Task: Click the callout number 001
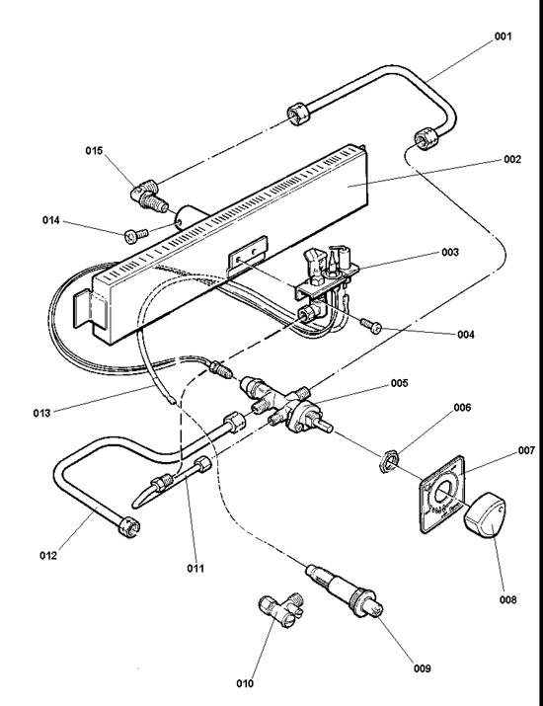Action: tap(504, 37)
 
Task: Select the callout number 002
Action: tap(511, 159)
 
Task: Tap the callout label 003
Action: tap(450, 253)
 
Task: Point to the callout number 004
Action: tap(466, 335)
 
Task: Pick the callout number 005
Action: tap(399, 384)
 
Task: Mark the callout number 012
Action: tap(48, 555)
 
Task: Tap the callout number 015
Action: tap(94, 150)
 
